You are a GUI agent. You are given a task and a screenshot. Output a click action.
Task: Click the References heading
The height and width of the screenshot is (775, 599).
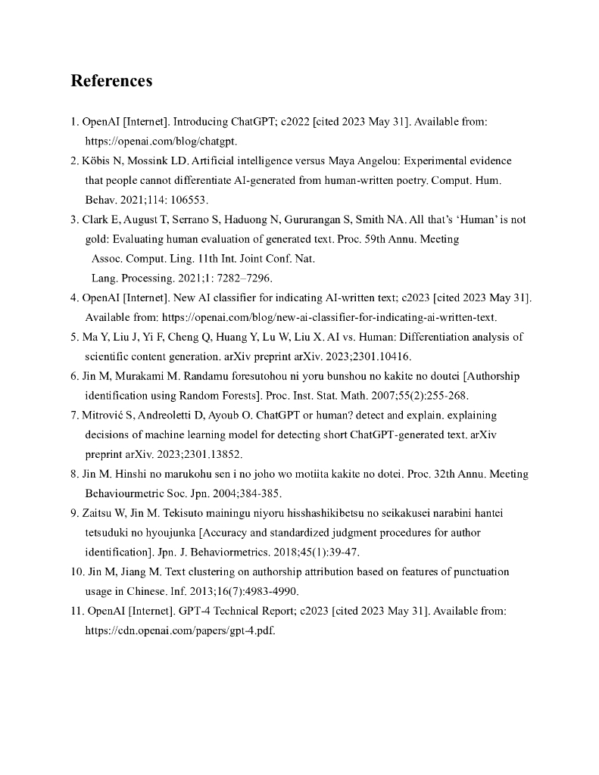[111, 81]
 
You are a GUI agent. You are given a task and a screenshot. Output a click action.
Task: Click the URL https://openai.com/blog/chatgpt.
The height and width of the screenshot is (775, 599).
[161, 141]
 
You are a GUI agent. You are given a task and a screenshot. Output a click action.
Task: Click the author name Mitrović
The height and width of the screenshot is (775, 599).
[104, 415]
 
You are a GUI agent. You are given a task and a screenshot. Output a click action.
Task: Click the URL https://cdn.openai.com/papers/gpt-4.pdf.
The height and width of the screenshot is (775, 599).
[179, 630]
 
